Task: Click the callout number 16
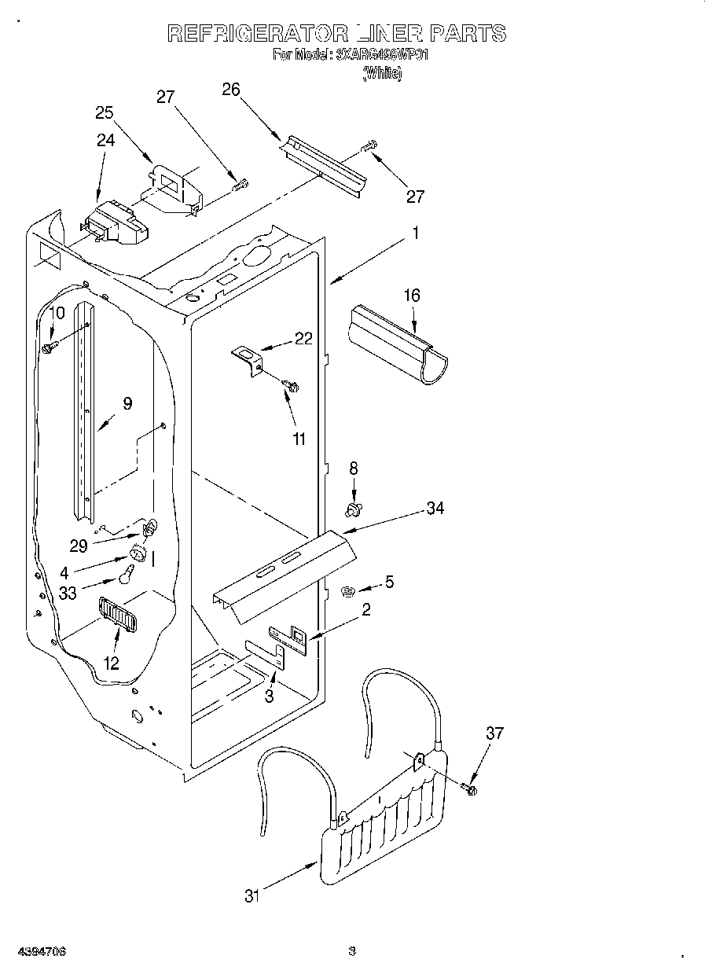point(412,296)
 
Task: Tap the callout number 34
point(435,509)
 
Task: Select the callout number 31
point(252,895)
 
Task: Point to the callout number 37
point(494,733)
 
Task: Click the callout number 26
point(230,90)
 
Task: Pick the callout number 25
point(105,112)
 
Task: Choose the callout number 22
point(303,339)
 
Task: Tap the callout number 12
point(112,663)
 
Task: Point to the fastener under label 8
point(354,510)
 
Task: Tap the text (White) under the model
point(382,74)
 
